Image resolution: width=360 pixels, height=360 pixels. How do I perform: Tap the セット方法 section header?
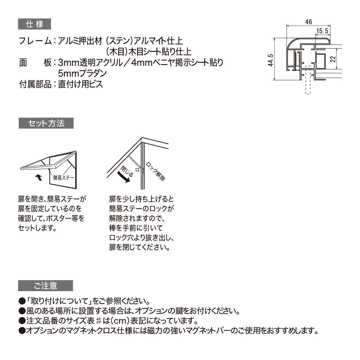[x=46, y=123]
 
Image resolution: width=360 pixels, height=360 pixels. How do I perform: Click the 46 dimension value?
[x=308, y=22]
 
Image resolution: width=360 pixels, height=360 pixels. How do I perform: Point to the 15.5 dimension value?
[x=322, y=32]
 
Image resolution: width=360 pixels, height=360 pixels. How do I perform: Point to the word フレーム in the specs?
[x=35, y=41]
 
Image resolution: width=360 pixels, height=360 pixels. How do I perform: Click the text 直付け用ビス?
[x=80, y=85]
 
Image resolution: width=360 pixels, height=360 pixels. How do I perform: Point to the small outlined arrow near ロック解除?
[x=137, y=168]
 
